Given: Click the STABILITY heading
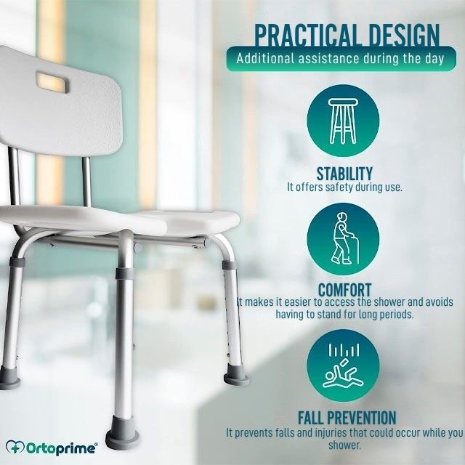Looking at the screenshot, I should click(x=344, y=174).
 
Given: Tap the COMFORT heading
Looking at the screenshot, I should click(x=344, y=289).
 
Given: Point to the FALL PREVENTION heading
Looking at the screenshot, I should click(x=347, y=418).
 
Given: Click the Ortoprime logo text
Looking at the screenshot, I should click(x=62, y=448).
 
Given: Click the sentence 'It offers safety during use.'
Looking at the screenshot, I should click(x=344, y=187).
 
